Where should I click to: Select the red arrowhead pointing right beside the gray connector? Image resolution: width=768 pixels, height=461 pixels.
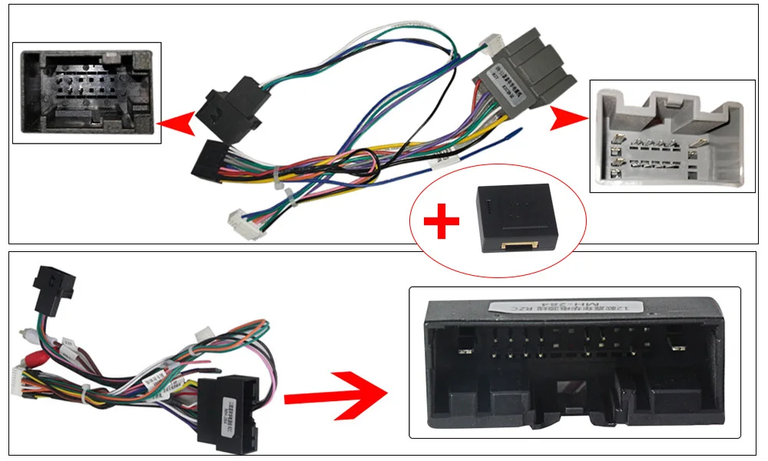point(567,120)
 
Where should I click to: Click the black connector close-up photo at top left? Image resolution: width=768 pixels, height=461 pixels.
point(87,93)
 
